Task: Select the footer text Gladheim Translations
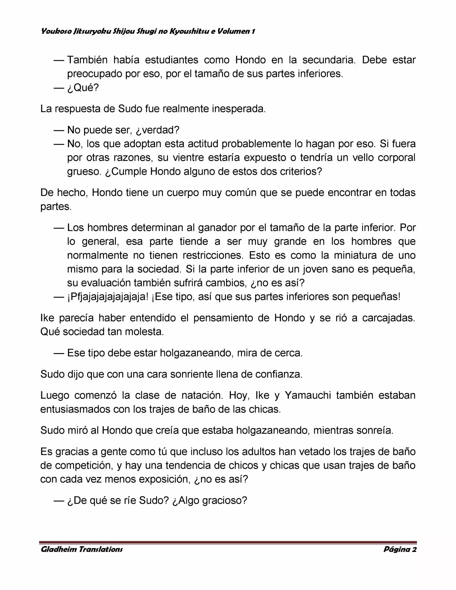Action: (x=82, y=549)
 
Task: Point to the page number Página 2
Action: (x=400, y=549)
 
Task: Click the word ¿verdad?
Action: (x=157, y=130)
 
